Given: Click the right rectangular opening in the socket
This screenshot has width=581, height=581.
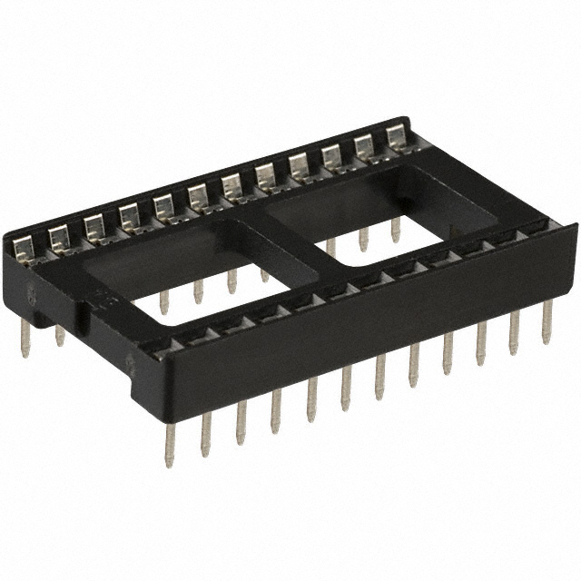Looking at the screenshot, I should click(x=381, y=218).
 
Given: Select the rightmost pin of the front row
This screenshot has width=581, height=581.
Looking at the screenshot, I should click(x=547, y=322).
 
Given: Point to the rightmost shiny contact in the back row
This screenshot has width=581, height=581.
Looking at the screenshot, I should click(x=397, y=136).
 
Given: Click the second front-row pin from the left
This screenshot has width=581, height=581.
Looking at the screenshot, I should click(x=206, y=432).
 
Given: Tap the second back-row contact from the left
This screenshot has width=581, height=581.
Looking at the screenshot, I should click(x=59, y=236).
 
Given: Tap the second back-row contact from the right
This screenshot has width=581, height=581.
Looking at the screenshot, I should click(x=366, y=145).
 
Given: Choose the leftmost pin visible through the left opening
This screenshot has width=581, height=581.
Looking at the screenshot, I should click(x=164, y=300).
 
